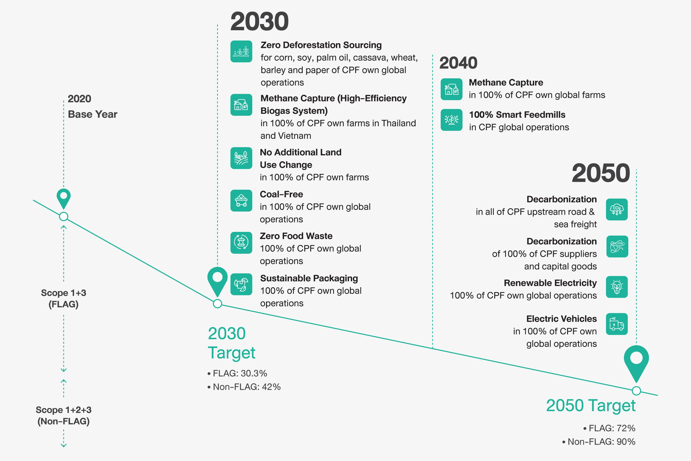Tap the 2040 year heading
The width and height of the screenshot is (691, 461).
[x=458, y=63]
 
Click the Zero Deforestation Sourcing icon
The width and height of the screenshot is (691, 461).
[x=241, y=51]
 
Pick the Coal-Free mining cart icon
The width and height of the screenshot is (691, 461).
[x=241, y=201]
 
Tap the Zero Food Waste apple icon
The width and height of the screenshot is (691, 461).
[x=241, y=242]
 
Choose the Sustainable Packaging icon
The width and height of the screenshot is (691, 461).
[x=241, y=284]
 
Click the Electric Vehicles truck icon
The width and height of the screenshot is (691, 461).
[x=617, y=324]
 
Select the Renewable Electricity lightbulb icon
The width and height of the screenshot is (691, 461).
[x=617, y=287]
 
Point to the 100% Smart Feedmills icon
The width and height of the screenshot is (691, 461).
[x=451, y=120]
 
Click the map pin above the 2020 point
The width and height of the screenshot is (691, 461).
[x=64, y=198]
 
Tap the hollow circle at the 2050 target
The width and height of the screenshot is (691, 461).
[x=636, y=391]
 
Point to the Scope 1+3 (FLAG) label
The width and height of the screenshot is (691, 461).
[x=64, y=298]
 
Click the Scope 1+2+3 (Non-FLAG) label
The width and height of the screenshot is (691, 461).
[x=64, y=415]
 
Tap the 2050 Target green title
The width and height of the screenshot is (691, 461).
[x=591, y=406]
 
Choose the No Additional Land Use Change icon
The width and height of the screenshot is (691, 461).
[x=241, y=158]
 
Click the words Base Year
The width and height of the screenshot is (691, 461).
[x=93, y=114]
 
